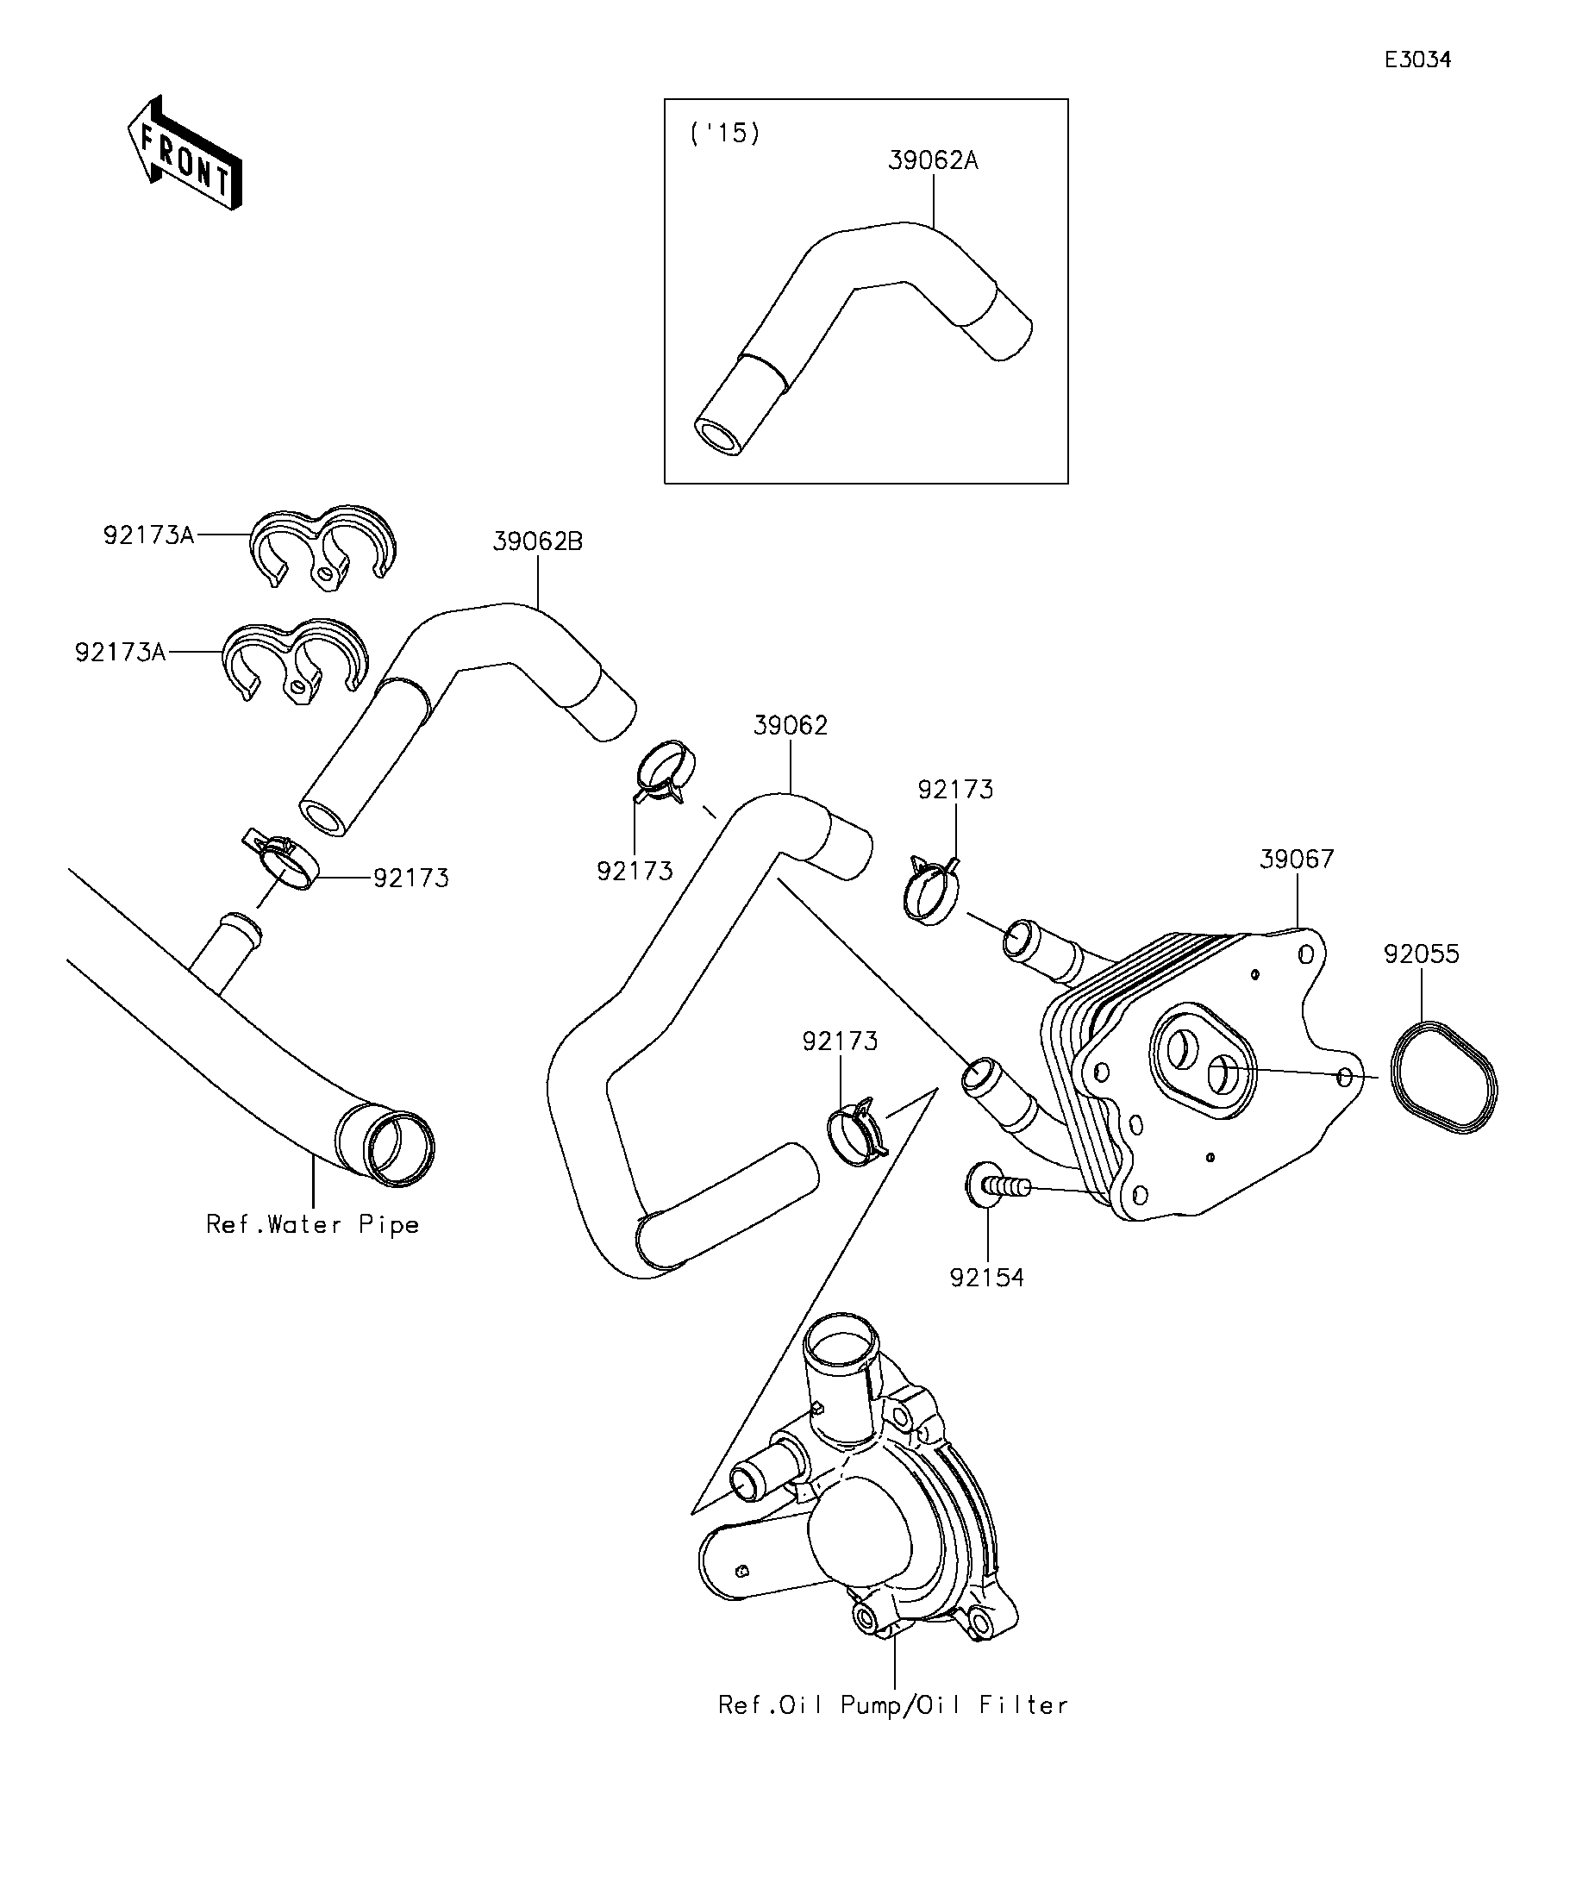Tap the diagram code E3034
tap(1417, 59)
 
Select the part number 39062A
tap(932, 161)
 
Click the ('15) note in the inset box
tap(724, 133)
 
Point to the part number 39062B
tap(538, 541)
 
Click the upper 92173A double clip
tap(323, 547)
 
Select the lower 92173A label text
tap(121, 652)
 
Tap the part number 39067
tap(1297, 859)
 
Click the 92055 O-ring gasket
tap(1443, 1078)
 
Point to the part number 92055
tap(1420, 954)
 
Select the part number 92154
tap(986, 1279)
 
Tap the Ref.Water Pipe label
tap(312, 1225)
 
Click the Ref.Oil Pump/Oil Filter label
tap(892, 1705)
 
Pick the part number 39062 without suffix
tap(791, 726)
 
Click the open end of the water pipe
tap(398, 1147)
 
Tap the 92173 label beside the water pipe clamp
tap(411, 878)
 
